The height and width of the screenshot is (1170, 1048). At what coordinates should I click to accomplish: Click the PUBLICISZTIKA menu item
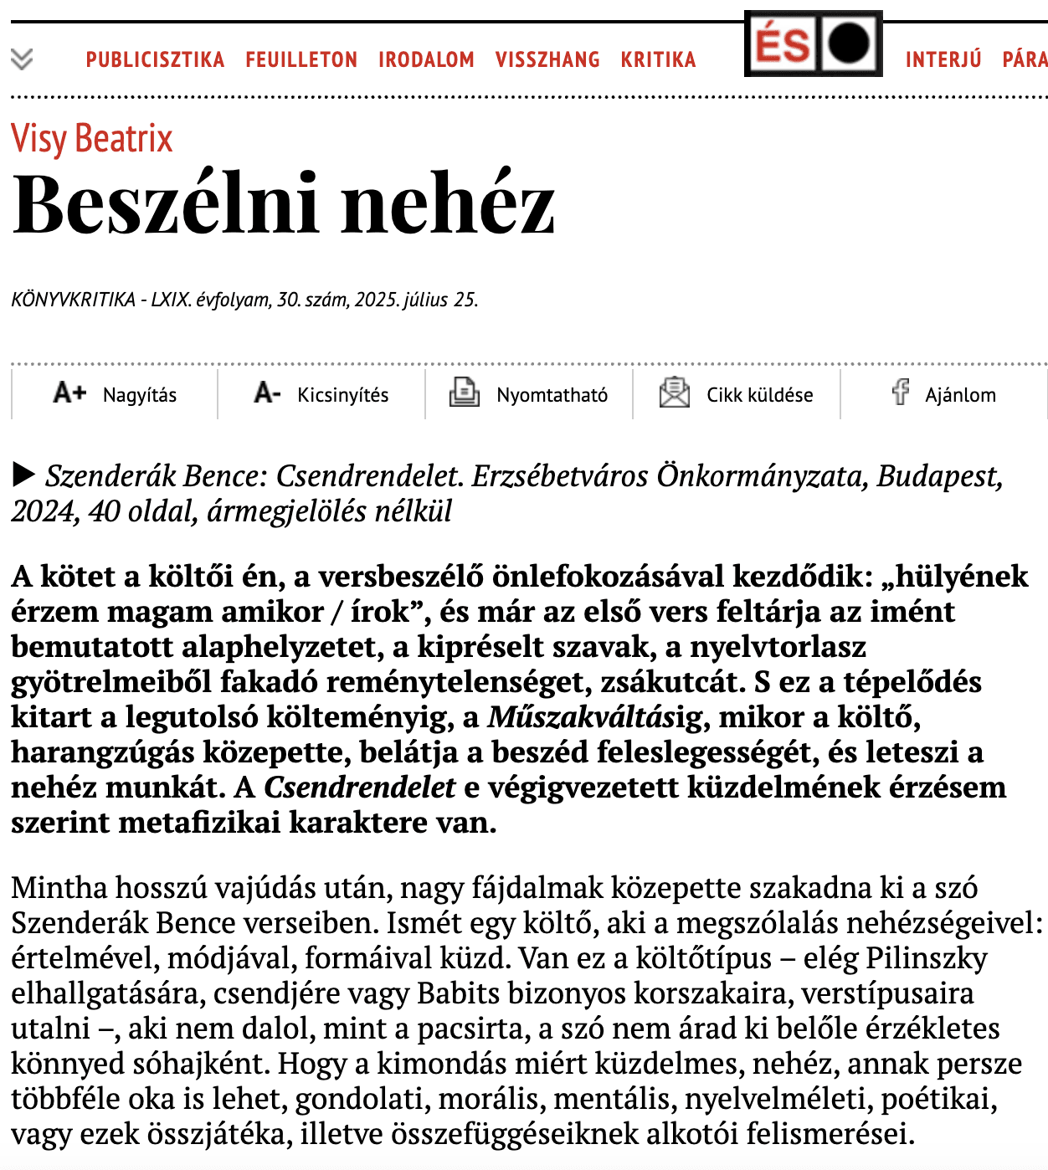coord(155,59)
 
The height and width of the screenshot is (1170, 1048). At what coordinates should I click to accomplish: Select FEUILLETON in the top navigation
coord(301,59)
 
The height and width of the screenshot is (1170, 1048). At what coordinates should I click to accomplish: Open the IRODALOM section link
coord(426,59)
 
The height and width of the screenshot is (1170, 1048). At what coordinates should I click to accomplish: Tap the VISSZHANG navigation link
coord(547,59)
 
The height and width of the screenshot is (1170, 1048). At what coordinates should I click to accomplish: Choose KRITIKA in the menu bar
coord(658,59)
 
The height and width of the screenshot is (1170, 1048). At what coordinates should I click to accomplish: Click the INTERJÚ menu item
coord(943,59)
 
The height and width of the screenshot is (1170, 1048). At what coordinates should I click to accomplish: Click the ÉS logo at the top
coord(813,44)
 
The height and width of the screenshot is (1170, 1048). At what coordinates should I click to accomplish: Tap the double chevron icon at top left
coord(22,59)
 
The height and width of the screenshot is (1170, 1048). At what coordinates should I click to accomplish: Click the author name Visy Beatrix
coord(92,138)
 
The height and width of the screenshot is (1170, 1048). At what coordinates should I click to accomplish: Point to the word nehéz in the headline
coord(448,204)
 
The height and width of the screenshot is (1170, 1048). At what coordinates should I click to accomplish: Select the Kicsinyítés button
coord(321,394)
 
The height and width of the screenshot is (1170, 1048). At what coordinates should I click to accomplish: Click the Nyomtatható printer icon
coord(464,393)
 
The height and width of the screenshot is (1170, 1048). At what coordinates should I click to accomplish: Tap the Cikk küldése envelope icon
coord(674,393)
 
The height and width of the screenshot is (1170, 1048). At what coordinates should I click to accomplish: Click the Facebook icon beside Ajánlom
coord(901,392)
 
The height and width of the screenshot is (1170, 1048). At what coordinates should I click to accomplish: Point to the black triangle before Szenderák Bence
coord(23,475)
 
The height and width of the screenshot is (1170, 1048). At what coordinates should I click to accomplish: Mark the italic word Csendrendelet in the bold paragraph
coord(359,788)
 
